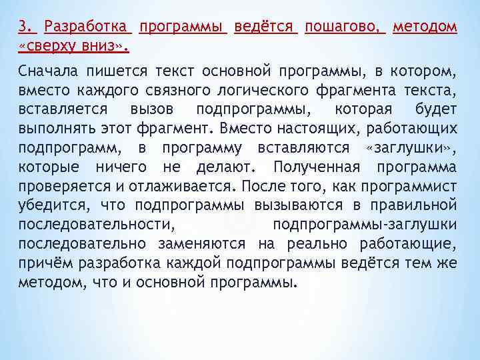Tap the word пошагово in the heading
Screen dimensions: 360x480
pyautogui.click(x=344, y=27)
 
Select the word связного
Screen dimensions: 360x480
pyautogui.click(x=171, y=89)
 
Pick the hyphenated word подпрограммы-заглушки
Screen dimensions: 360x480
pyautogui.click(x=365, y=225)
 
